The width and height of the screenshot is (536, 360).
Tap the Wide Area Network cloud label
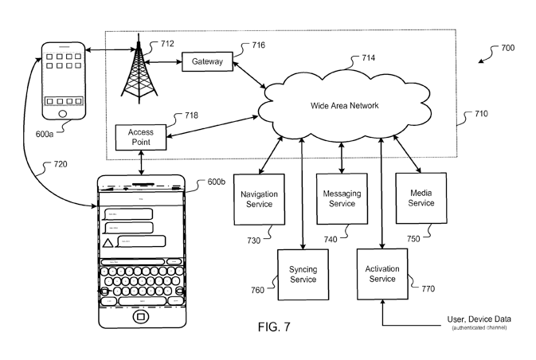(343, 105)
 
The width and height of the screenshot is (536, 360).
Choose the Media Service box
(421, 198)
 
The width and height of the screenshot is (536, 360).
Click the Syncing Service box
(302, 274)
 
